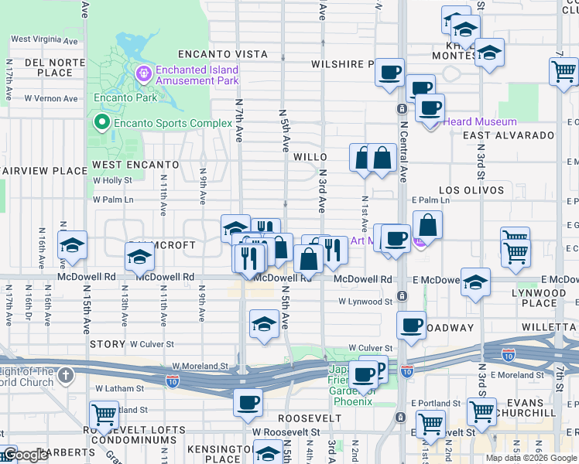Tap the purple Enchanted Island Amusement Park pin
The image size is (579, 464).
click(142, 75)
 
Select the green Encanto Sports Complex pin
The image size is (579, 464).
click(101, 123)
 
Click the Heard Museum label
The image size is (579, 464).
click(479, 121)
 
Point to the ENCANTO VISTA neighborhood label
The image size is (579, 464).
click(222, 54)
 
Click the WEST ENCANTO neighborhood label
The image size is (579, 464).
click(135, 165)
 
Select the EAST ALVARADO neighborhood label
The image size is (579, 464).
click(509, 135)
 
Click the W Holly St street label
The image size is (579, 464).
click(112, 180)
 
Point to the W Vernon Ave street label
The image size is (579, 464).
click(50, 99)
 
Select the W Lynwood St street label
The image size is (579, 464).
click(365, 302)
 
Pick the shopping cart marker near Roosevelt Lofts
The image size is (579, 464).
click(104, 415)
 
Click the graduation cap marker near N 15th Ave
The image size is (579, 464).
click(72, 245)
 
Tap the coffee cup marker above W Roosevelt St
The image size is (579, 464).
click(248, 402)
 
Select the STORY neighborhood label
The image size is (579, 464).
click(108, 344)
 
